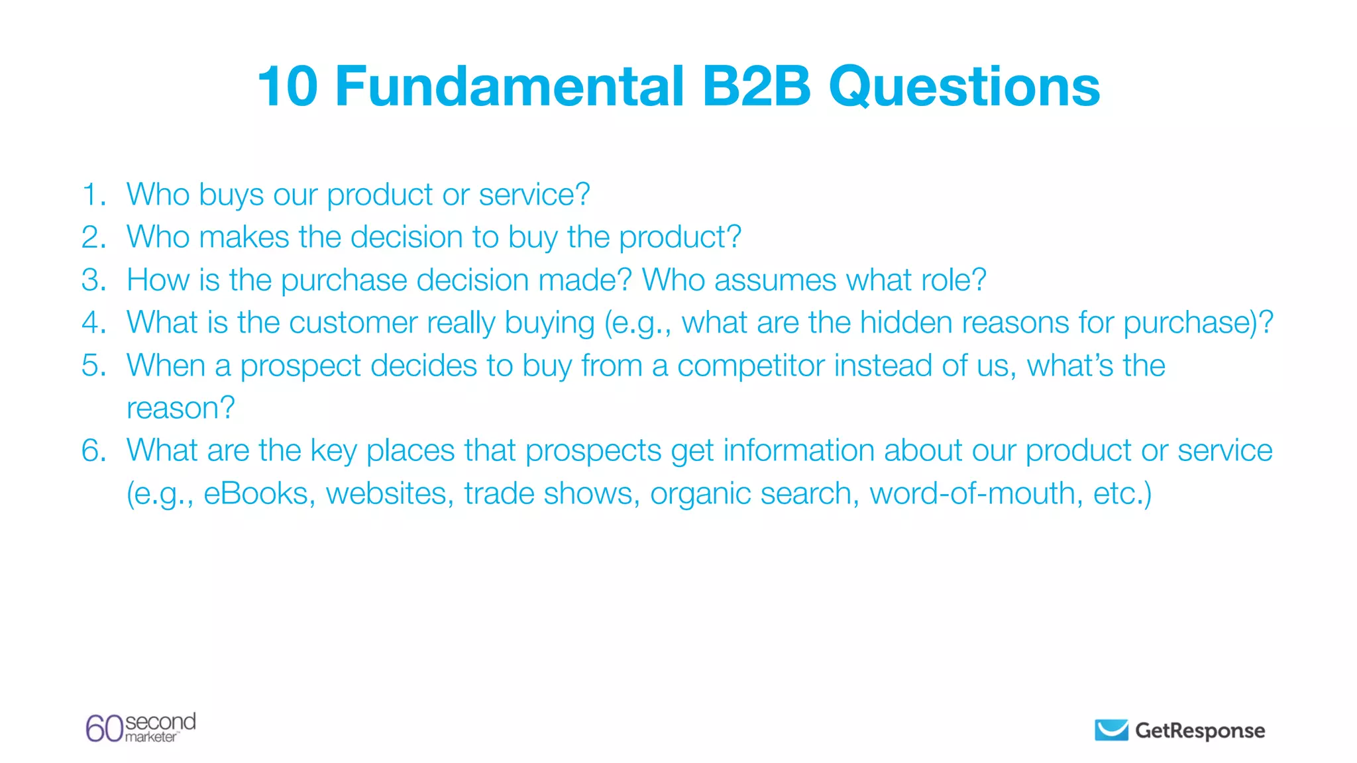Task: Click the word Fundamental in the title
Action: point(510,86)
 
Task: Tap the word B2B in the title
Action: point(756,86)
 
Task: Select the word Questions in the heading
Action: point(964,86)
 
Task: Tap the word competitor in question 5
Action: point(751,366)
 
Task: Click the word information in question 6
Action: point(798,451)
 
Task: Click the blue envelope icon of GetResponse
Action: point(1111,730)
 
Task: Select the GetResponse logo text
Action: point(1200,731)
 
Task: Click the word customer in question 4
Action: point(353,323)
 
